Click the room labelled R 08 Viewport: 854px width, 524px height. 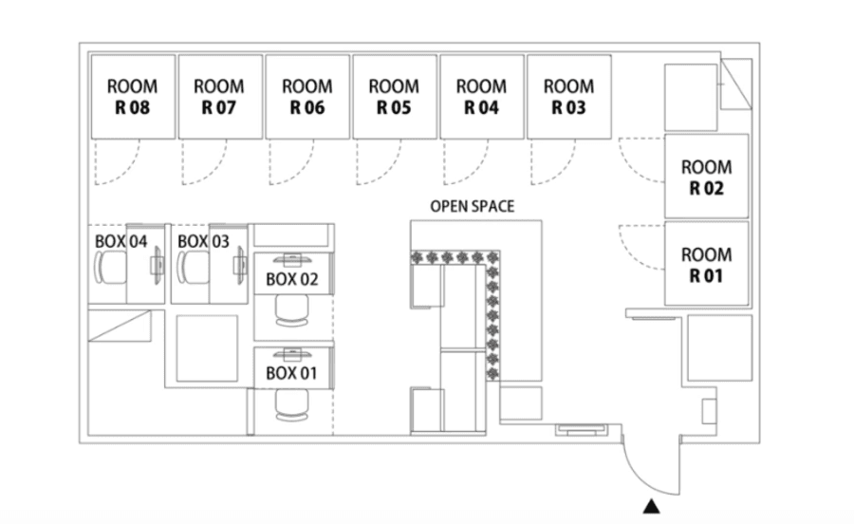(x=133, y=97)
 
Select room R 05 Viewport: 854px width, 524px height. (x=395, y=97)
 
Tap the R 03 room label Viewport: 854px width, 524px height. (x=568, y=97)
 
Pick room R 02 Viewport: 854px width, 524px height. (x=706, y=176)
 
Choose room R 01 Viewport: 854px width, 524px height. (x=706, y=264)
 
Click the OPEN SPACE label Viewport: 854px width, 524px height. (x=473, y=206)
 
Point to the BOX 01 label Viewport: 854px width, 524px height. (x=291, y=374)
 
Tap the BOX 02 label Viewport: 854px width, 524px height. (x=291, y=279)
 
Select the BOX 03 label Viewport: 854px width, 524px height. (x=203, y=241)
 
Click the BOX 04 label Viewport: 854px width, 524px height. (x=121, y=241)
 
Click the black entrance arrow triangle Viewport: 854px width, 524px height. (x=651, y=507)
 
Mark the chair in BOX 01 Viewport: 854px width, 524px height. (x=292, y=405)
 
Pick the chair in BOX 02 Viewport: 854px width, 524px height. (x=292, y=310)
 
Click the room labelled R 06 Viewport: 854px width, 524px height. (x=307, y=97)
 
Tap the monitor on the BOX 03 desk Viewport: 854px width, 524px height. (x=239, y=265)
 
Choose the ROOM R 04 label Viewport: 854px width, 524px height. (x=481, y=97)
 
